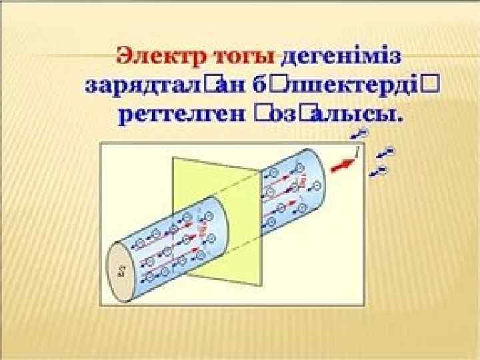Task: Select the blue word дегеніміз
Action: click(341, 55)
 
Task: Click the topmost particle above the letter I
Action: click(363, 135)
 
